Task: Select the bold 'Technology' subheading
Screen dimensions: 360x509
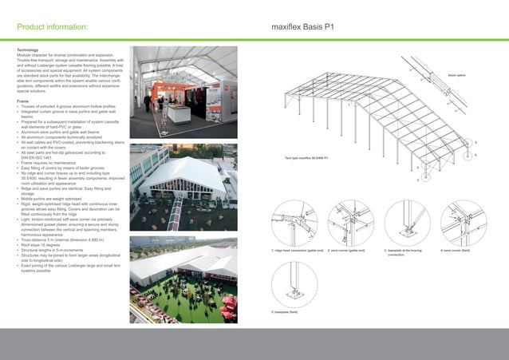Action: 30,49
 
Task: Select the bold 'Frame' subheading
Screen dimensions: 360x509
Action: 23,102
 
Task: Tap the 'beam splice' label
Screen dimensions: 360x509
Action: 457,76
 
